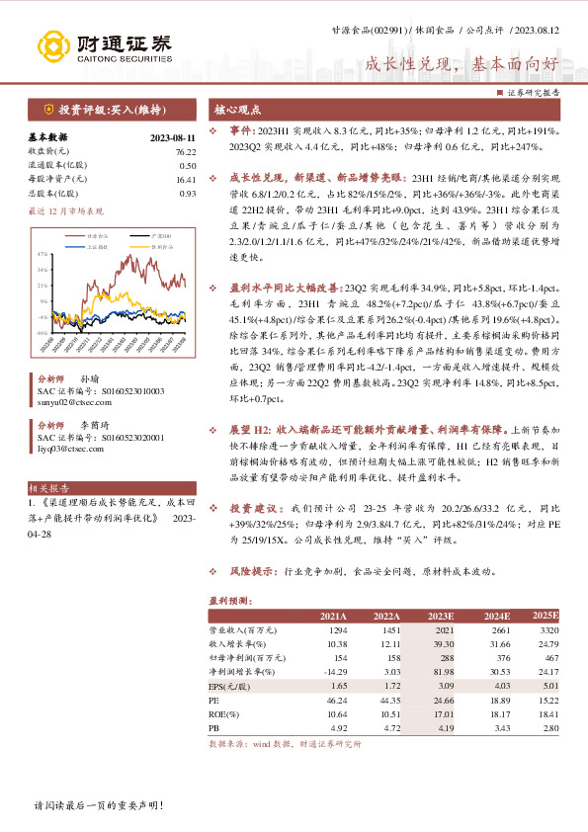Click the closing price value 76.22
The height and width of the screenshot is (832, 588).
coord(186,152)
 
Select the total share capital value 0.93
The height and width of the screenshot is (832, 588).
coord(188,194)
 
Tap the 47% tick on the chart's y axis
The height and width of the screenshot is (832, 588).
coord(44,255)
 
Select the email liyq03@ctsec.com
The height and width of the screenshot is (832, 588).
coord(70,449)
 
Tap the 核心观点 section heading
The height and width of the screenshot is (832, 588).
coord(236,110)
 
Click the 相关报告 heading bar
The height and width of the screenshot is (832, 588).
coord(49,488)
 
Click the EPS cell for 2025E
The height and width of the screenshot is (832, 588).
coord(546,684)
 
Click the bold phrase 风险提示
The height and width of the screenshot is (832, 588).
coord(252,572)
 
